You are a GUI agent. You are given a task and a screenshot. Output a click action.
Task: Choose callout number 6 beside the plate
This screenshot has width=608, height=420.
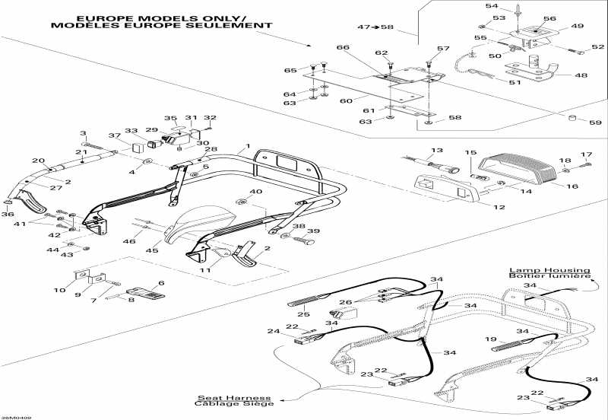click(x=161, y=282)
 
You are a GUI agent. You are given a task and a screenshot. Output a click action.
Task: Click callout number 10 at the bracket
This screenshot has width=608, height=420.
click(x=60, y=290)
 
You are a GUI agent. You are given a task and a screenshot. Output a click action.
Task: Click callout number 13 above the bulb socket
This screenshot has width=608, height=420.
click(x=436, y=151)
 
